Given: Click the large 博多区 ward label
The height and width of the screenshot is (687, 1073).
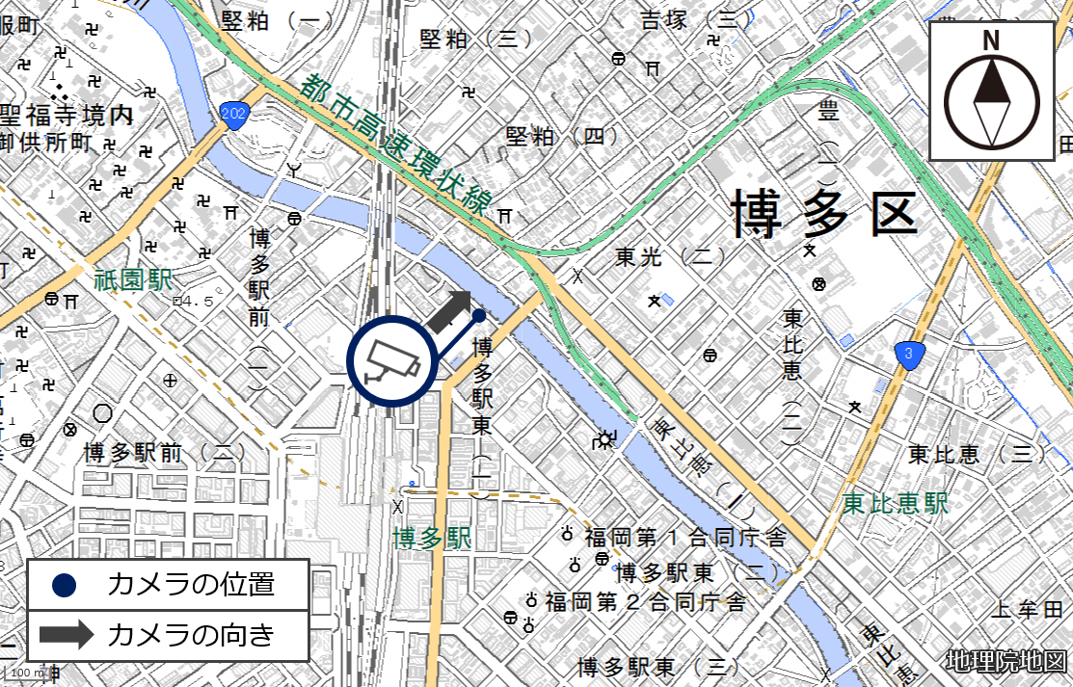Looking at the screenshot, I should coord(823,214).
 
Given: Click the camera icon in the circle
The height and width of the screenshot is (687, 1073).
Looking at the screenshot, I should coord(391,360).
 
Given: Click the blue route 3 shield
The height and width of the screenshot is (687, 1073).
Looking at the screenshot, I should coord(909,354).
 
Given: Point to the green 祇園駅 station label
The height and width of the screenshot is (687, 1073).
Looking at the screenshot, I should coord(133,280).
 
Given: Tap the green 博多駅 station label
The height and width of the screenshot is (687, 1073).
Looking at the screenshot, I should coord(432,538).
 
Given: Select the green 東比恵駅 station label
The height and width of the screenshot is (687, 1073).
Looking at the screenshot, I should coord(895,503).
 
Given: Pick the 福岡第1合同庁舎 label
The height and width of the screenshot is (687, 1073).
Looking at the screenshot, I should coord(685,537).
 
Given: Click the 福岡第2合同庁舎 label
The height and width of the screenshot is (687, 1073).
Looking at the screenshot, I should coord(645,602).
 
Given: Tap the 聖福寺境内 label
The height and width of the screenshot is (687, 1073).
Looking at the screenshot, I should coord(67,116).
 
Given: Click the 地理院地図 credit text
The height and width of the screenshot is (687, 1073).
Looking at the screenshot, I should coord(1006,662).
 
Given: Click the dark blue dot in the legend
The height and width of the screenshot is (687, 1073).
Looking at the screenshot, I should coord(65,584).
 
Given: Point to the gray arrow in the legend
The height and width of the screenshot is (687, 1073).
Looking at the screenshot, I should coord(65,634).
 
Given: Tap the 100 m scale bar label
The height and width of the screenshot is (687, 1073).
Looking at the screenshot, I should coord(27,672).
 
